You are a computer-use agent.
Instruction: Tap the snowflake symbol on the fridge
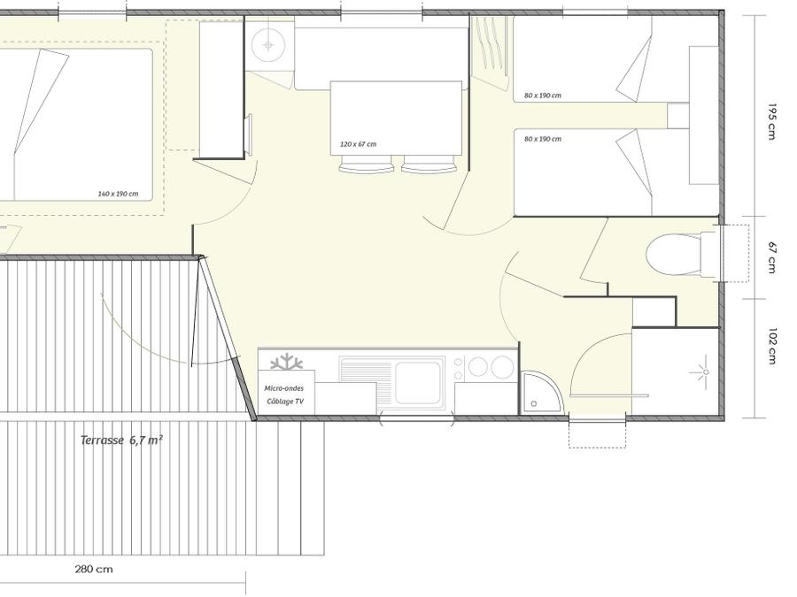point(286,362)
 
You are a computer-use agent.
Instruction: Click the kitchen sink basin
point(418,382)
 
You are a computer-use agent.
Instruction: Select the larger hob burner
point(502,366)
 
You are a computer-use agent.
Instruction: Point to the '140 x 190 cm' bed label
point(118,194)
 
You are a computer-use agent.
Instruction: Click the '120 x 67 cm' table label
point(359,144)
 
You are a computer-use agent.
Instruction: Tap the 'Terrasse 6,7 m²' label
point(121,440)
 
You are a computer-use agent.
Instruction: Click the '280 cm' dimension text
point(94,569)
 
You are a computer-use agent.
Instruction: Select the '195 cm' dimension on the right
point(772,121)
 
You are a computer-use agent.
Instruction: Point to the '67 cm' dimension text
point(772,257)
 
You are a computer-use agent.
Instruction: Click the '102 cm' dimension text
point(772,346)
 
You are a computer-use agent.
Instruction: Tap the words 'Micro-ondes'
point(283,388)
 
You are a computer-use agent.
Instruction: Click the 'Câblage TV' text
point(285,401)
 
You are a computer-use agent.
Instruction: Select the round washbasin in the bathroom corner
point(268,45)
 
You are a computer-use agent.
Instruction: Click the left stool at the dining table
point(367,164)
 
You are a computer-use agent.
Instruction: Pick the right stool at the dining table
point(429,164)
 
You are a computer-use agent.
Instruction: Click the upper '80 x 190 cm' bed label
point(543,96)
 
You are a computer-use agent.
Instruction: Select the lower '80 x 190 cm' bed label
point(543,139)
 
